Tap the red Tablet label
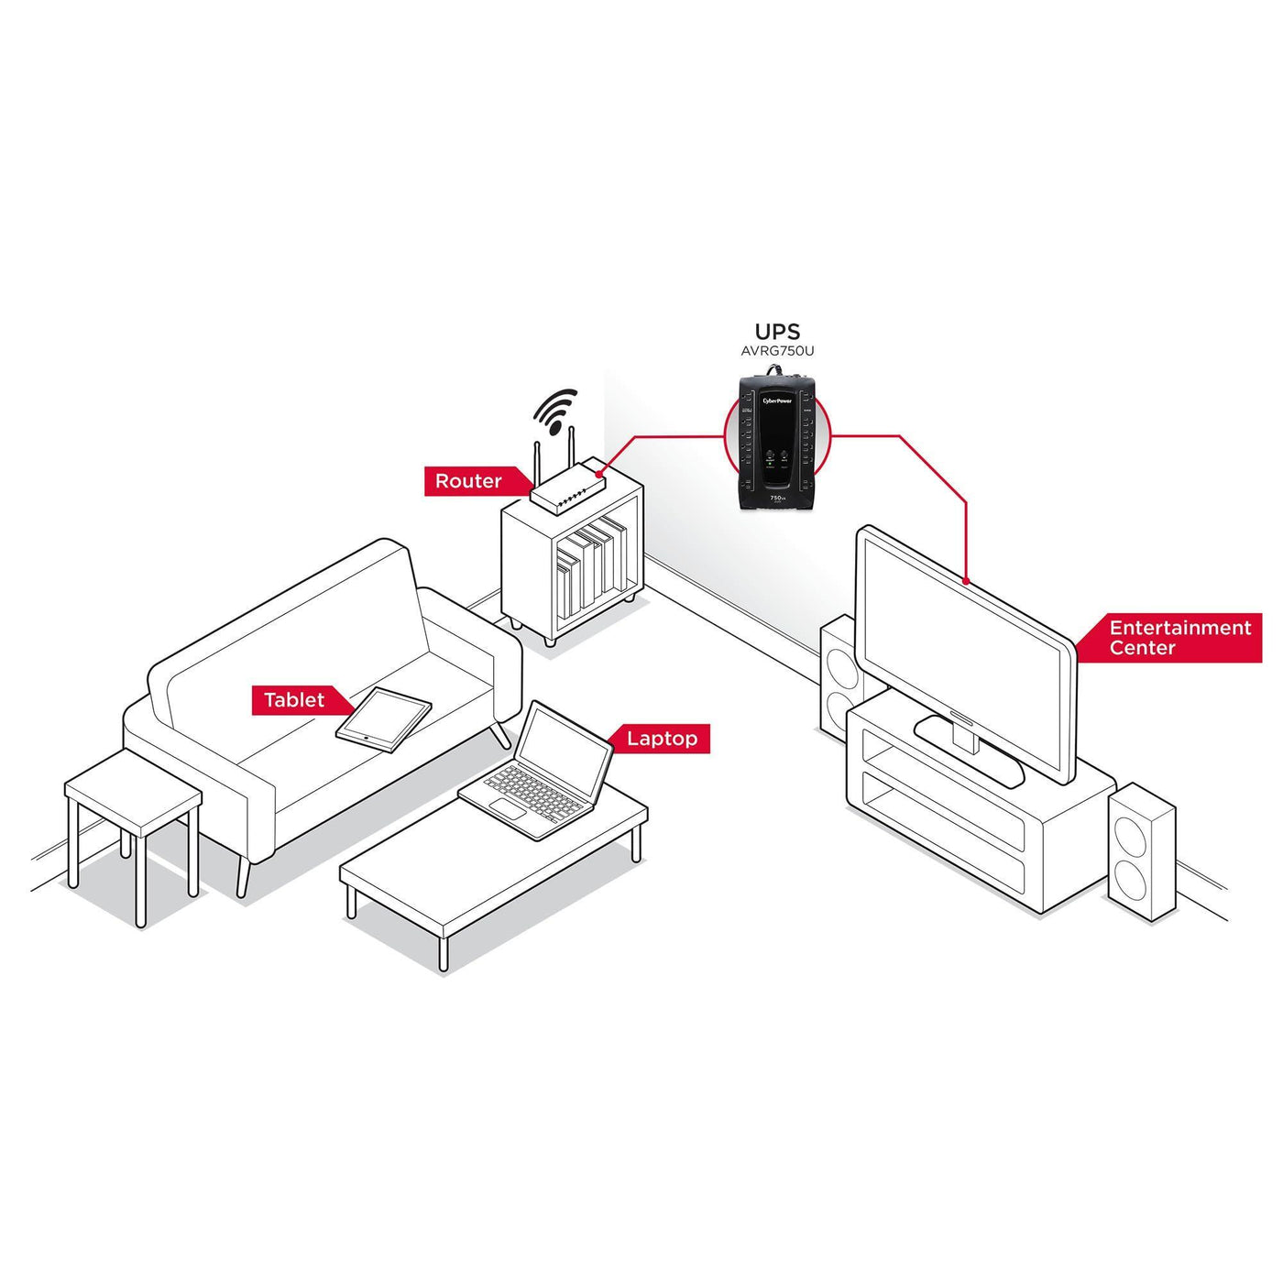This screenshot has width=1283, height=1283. pyautogui.click(x=294, y=700)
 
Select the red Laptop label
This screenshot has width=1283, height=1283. pyautogui.click(x=662, y=739)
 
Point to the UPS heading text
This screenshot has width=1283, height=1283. pyautogui.click(x=777, y=332)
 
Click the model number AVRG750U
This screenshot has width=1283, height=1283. pyautogui.click(x=777, y=351)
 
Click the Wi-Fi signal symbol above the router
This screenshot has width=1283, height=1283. pyautogui.click(x=554, y=411)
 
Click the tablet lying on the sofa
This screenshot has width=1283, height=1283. pyautogui.click(x=384, y=719)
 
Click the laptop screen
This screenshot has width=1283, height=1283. pyautogui.click(x=565, y=748)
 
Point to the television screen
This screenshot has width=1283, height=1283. pyautogui.click(x=962, y=651)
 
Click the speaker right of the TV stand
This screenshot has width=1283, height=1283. pyautogui.click(x=1142, y=852)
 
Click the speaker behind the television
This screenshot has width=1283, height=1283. pyautogui.click(x=838, y=678)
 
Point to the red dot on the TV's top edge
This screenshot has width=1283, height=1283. pyautogui.click(x=967, y=580)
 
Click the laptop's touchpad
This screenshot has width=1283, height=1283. pyautogui.click(x=506, y=808)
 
